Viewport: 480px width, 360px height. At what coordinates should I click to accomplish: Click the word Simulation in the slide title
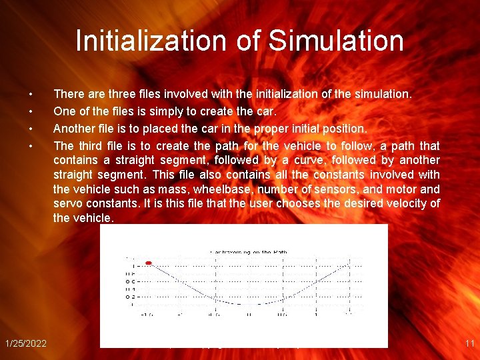pyautogui.click(x=336, y=41)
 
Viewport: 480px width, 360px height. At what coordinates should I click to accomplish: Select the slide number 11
pyautogui.click(x=469, y=343)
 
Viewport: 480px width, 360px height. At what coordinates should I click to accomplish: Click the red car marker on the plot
pyautogui.click(x=149, y=263)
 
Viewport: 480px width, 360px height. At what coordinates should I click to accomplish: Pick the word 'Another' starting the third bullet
pyautogui.click(x=73, y=128)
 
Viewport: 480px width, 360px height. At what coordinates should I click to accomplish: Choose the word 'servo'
pyautogui.click(x=68, y=203)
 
